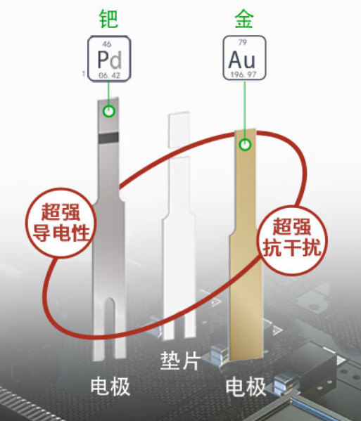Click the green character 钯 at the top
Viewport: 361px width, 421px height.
pyautogui.click(x=109, y=19)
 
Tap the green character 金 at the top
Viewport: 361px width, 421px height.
pyautogui.click(x=244, y=19)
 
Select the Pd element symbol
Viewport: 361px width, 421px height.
pyautogui.click(x=109, y=60)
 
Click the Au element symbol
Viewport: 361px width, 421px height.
pyautogui.click(x=241, y=60)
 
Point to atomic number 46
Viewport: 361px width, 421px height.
pyautogui.click(x=107, y=44)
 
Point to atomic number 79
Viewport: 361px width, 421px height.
pyautogui.click(x=243, y=42)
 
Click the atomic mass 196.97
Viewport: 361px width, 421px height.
pyautogui.click(x=243, y=75)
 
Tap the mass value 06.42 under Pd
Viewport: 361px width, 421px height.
pyautogui.click(x=109, y=75)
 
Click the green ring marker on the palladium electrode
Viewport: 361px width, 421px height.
pyautogui.click(x=109, y=111)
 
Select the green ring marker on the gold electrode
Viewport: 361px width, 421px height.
pyautogui.click(x=245, y=145)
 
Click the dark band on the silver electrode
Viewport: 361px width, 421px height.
pyautogui.click(x=108, y=138)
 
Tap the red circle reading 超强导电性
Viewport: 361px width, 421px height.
pyautogui.click(x=61, y=223)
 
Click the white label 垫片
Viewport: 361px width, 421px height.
pyautogui.click(x=180, y=361)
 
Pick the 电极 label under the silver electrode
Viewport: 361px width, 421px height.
pyautogui.click(x=110, y=386)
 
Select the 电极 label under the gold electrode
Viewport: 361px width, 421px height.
pyautogui.click(x=246, y=387)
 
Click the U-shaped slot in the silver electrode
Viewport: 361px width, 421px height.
pyautogui.click(x=109, y=328)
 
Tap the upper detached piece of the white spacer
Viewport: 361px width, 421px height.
pyautogui.click(x=179, y=129)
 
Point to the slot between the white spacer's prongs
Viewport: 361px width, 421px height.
pyautogui.click(x=179, y=328)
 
